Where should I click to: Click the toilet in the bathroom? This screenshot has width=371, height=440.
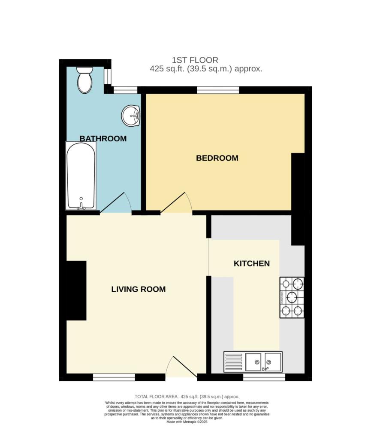85,80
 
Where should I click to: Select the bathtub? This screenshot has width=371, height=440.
81,176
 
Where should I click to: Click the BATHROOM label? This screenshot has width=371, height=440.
103,139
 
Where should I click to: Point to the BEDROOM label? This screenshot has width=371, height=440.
217,158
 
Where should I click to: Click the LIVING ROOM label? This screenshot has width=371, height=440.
138,289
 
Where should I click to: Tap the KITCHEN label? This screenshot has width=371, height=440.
252,263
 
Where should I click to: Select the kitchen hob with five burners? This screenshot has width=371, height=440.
292,297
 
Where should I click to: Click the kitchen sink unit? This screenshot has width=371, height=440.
253,362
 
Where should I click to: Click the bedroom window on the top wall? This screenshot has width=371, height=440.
218,90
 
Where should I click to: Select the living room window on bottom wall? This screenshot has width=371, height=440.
114,377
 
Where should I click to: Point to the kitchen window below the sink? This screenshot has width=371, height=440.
264,377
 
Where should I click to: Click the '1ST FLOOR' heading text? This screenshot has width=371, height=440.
195,60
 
